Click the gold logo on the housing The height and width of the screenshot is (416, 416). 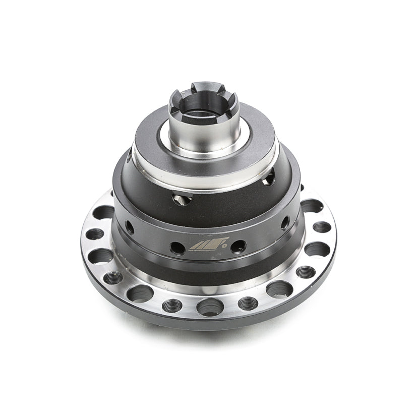click(x=208, y=245)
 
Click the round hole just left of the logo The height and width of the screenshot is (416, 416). click(x=177, y=248)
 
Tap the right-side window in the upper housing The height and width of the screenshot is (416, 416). click(x=269, y=176)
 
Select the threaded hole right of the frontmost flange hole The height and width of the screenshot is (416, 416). click(x=248, y=303)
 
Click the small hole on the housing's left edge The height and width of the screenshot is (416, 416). click(x=130, y=227)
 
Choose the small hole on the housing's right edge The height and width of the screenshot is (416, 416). click(x=285, y=222)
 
